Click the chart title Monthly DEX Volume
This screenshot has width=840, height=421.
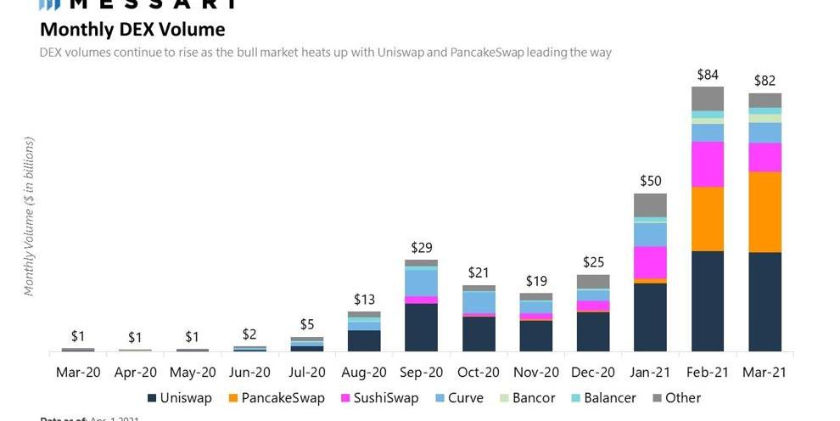tap(132, 30)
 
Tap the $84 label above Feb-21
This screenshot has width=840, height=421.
tap(708, 75)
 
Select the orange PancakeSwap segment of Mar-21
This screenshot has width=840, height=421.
tap(764, 212)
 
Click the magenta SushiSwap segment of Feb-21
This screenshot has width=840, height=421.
tap(708, 164)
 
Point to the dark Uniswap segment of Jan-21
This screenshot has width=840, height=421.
tap(650, 317)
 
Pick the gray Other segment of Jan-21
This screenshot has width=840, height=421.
tap(650, 205)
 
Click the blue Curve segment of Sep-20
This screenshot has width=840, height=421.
tap(421, 282)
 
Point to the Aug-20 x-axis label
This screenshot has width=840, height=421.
tap(363, 372)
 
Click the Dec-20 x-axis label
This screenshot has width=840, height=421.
tap(592, 372)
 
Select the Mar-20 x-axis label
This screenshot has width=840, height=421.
tap(77, 372)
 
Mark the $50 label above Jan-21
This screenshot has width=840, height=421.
tap(650, 181)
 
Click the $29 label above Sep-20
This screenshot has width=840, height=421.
tap(421, 247)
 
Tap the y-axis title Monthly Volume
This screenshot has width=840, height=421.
tap(29, 216)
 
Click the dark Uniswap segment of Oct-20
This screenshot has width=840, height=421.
tap(479, 334)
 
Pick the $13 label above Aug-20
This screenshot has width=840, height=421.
tap(363, 300)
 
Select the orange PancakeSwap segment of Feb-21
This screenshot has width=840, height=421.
tap(708, 219)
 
